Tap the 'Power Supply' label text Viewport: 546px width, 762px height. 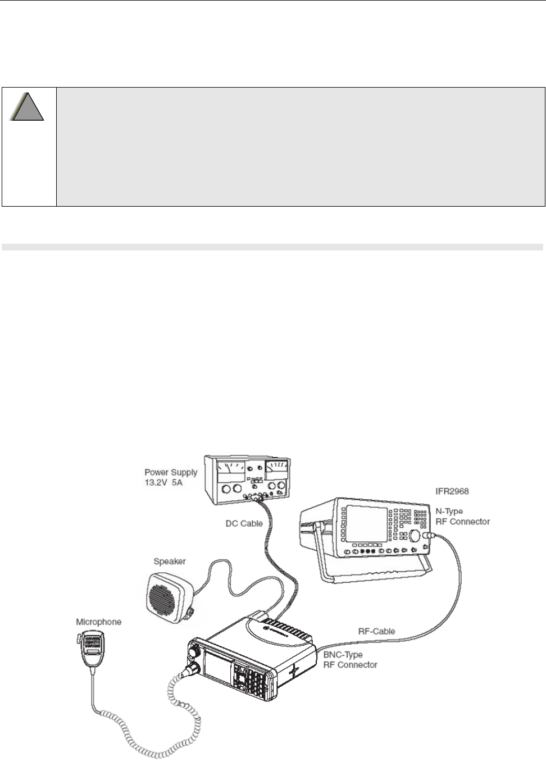(171, 472)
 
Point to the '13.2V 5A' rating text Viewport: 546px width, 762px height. (169, 482)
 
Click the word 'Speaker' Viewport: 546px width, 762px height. (170, 561)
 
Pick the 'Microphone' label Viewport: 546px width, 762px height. (98, 622)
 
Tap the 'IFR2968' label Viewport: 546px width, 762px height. (453, 491)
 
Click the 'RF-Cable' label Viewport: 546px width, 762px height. (376, 631)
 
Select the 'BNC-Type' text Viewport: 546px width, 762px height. (343, 655)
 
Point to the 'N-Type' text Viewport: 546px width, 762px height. (450, 512)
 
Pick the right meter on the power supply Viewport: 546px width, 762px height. (276, 468)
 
